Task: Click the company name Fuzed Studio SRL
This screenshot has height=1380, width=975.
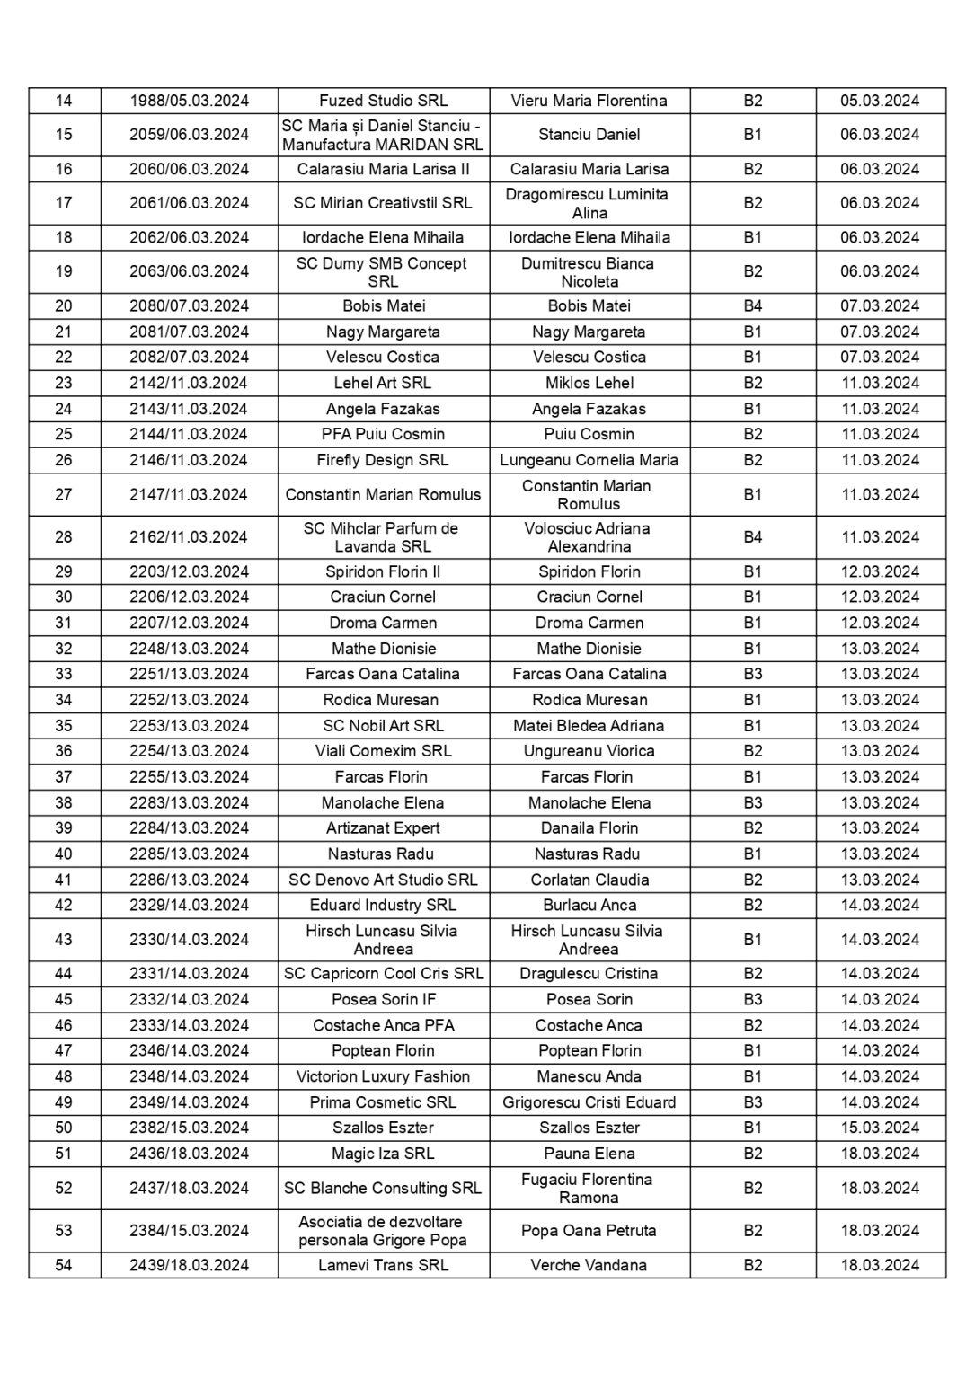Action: pyautogui.click(x=383, y=101)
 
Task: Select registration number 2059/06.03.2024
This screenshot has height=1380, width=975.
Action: pyautogui.click(x=189, y=135)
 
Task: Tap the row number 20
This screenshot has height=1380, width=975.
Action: pyautogui.click(x=64, y=305)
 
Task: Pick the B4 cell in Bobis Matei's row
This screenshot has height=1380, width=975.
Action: pyautogui.click(x=752, y=305)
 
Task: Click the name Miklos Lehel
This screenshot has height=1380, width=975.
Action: pyautogui.click(x=589, y=383)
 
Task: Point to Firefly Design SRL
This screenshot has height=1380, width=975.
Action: pyautogui.click(x=383, y=460)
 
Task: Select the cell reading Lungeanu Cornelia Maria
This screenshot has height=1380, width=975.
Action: pyautogui.click(x=589, y=460)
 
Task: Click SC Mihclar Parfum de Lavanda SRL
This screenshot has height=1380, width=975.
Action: pyautogui.click(x=383, y=537)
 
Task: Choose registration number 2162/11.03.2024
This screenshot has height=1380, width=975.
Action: pyautogui.click(x=189, y=537)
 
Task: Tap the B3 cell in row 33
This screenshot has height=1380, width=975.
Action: pyautogui.click(x=752, y=674)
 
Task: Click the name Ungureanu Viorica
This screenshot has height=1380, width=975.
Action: pyautogui.click(x=589, y=751)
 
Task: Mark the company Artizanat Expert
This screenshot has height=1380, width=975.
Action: pyautogui.click(x=383, y=828)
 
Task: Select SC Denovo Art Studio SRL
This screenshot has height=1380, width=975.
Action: pyautogui.click(x=383, y=880)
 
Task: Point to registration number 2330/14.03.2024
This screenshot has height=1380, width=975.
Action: pyautogui.click(x=189, y=940)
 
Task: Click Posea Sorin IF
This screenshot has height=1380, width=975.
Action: pyautogui.click(x=383, y=999)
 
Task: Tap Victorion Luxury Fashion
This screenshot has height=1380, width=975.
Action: pyautogui.click(x=383, y=1076)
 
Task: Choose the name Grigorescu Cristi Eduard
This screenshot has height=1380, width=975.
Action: pyautogui.click(x=589, y=1102)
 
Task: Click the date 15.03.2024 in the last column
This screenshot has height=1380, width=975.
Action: pyautogui.click(x=880, y=1128)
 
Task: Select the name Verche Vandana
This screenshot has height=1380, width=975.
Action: pyautogui.click(x=589, y=1265)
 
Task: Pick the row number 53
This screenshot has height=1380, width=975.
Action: pyautogui.click(x=64, y=1231)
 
